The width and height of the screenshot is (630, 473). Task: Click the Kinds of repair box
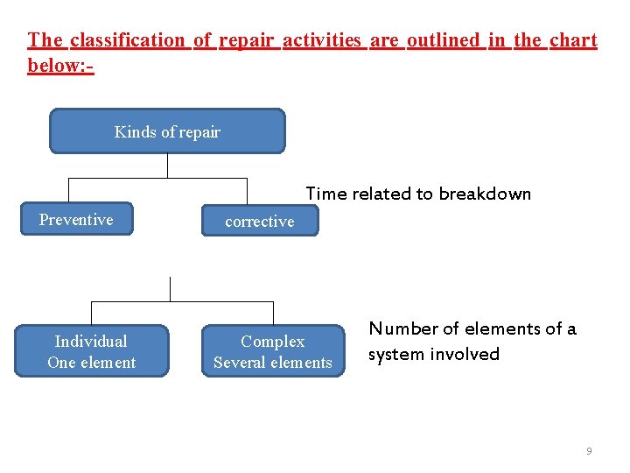pos(167,131)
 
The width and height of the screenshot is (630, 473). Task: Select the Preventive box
pos(76,220)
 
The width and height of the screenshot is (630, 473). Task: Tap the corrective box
pos(260,222)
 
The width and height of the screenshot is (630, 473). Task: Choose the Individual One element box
pos(91,352)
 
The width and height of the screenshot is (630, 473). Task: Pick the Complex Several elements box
pos(273,352)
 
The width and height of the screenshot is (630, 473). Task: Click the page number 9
pos(589,451)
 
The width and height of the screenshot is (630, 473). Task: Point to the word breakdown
pos(485,194)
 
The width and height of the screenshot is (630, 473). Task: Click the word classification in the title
pos(128,40)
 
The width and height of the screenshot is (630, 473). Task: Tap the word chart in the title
pos(573,40)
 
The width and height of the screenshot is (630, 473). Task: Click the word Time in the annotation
pos(326,194)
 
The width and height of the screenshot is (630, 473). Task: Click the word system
pos(390,355)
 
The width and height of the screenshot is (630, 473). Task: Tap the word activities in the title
pos(322,40)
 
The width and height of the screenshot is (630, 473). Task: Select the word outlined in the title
pos(444,40)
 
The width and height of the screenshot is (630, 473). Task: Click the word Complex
pos(273,342)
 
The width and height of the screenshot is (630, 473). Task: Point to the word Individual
pos(91,342)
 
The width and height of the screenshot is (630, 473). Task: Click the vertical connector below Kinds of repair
pos(167,166)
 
